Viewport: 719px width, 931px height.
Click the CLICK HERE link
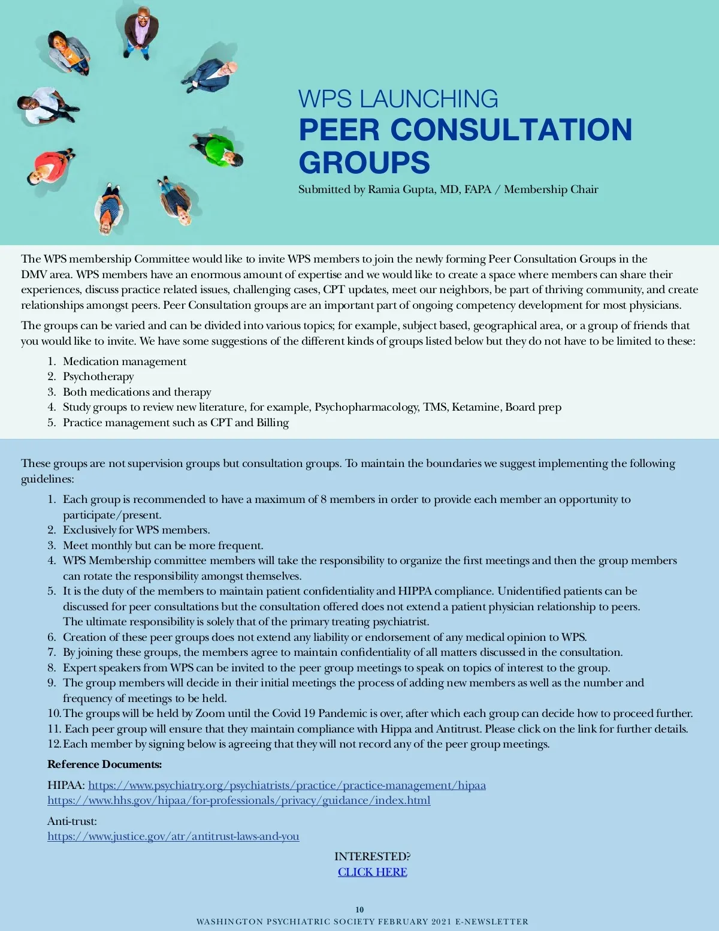point(372,872)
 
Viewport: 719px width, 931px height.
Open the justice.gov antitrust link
point(173,836)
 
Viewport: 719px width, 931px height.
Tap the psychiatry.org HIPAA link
point(287,785)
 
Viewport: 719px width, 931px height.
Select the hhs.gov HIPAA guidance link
point(238,800)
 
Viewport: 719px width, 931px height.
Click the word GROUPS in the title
point(364,162)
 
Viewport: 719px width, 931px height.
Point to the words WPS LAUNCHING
point(398,99)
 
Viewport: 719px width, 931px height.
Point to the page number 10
point(359,909)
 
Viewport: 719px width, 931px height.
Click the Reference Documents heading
point(105,764)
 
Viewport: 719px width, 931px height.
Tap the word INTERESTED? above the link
point(372,856)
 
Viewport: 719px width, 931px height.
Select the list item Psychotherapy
point(98,376)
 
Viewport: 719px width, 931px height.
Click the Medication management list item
point(125,361)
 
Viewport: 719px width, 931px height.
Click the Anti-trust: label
point(72,821)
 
